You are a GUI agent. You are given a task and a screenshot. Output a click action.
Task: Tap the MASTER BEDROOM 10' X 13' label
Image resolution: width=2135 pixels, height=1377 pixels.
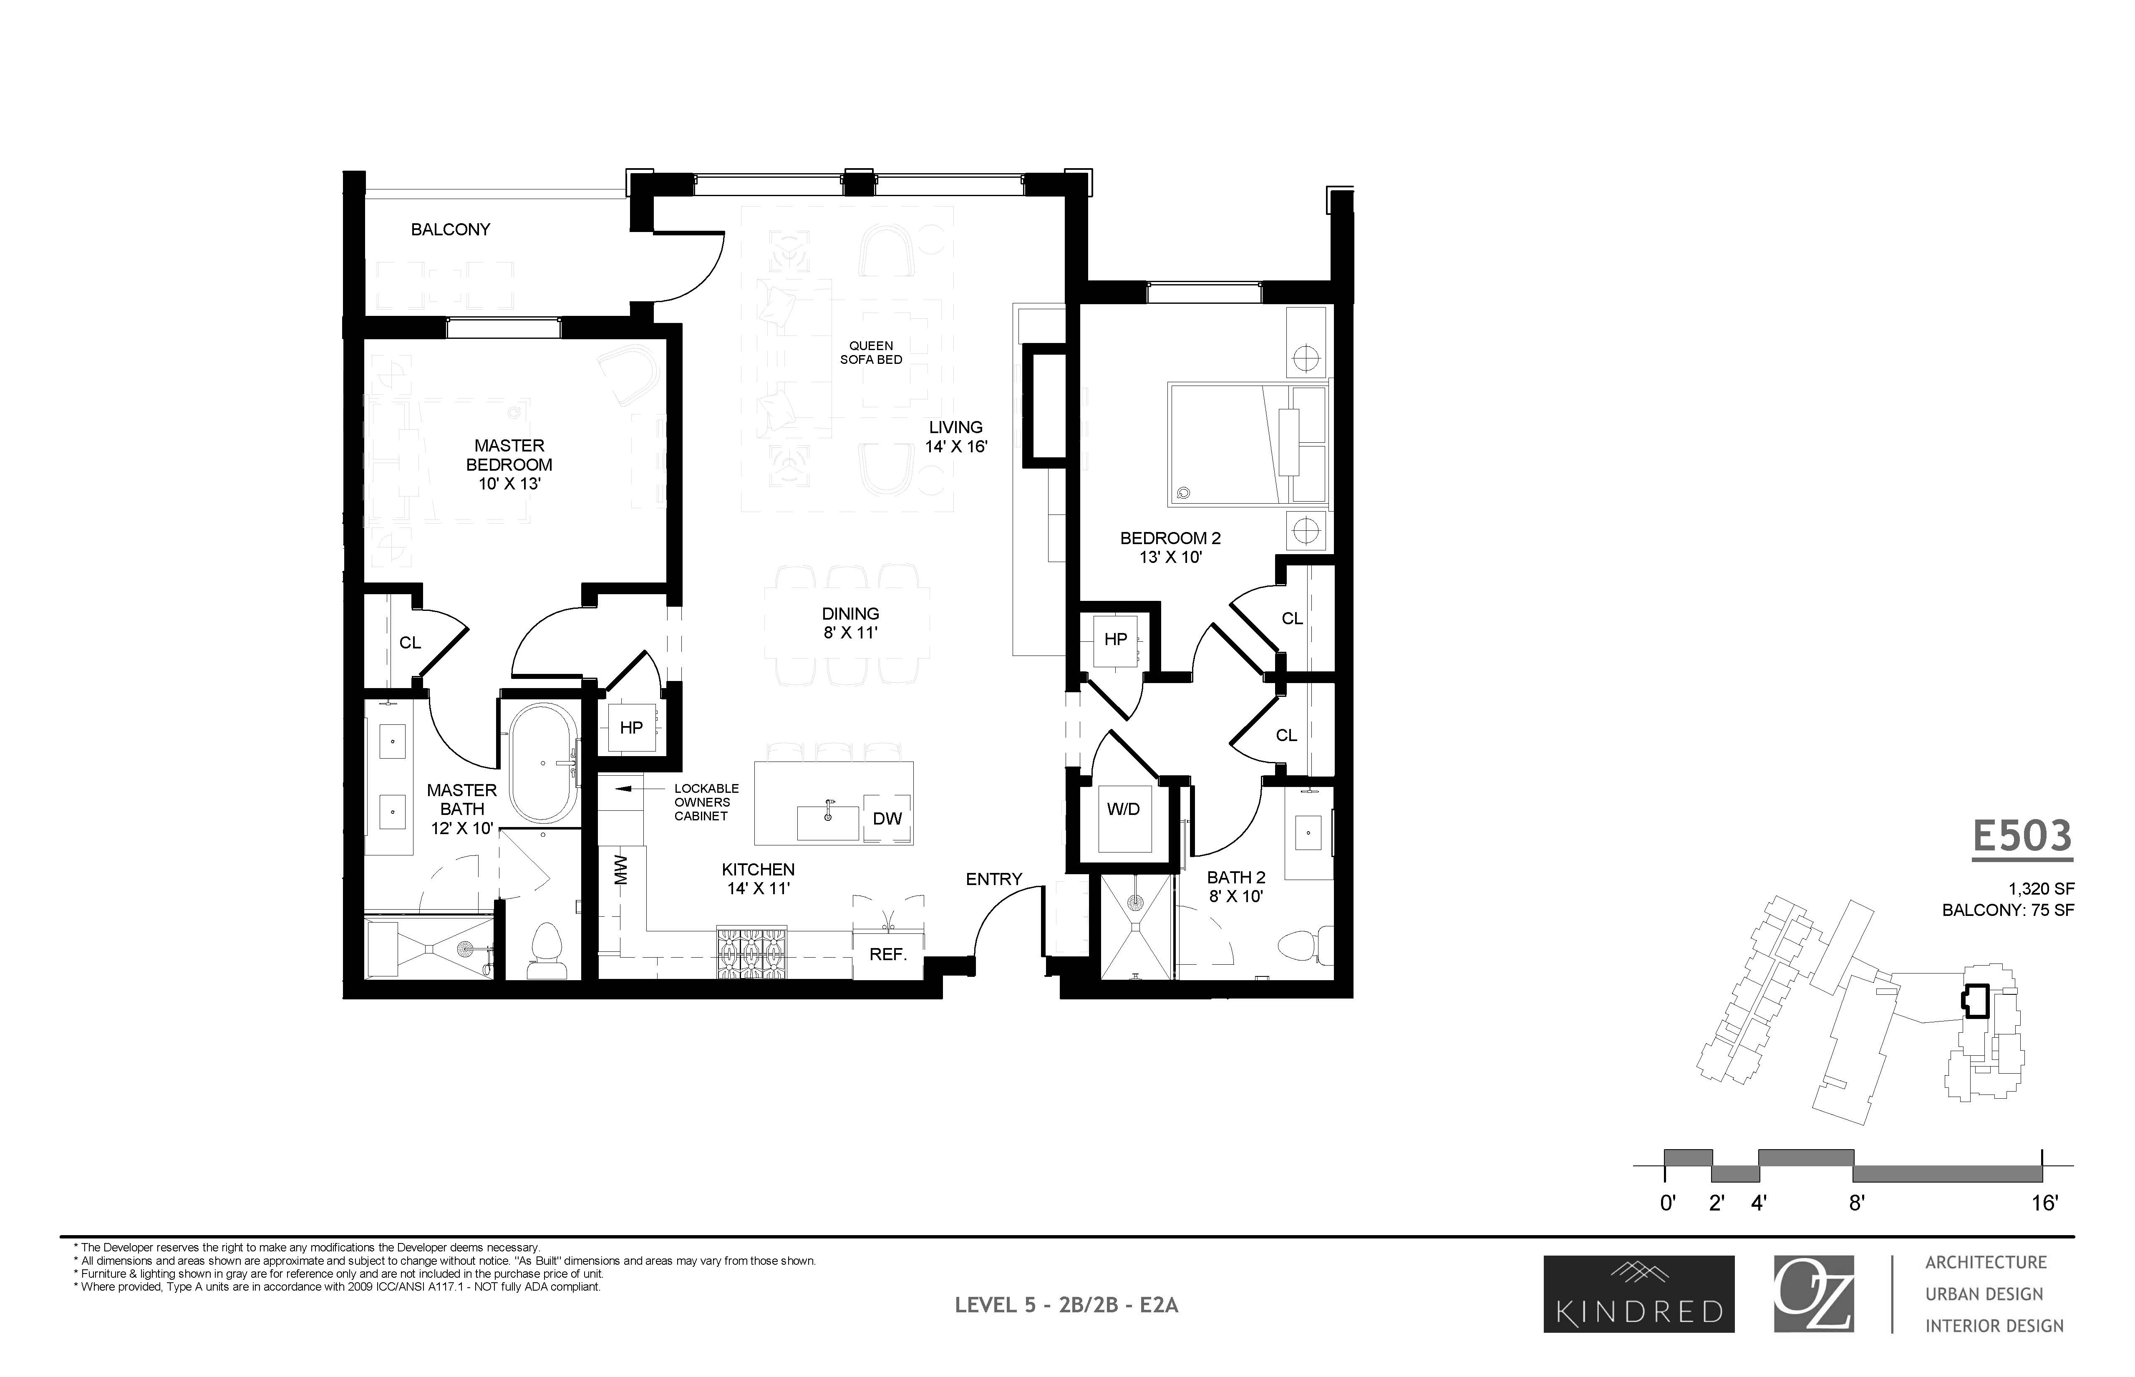pos(509,464)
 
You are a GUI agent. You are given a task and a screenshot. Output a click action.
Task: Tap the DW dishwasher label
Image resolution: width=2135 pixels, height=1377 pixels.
pos(887,818)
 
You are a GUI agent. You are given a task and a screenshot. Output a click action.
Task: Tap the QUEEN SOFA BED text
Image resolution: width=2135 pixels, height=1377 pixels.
pos(871,352)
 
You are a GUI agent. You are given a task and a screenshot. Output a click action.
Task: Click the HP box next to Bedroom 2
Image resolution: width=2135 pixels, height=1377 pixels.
pos(1115,639)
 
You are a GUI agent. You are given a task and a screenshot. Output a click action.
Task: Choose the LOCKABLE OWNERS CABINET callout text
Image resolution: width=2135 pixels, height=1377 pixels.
pos(706,802)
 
